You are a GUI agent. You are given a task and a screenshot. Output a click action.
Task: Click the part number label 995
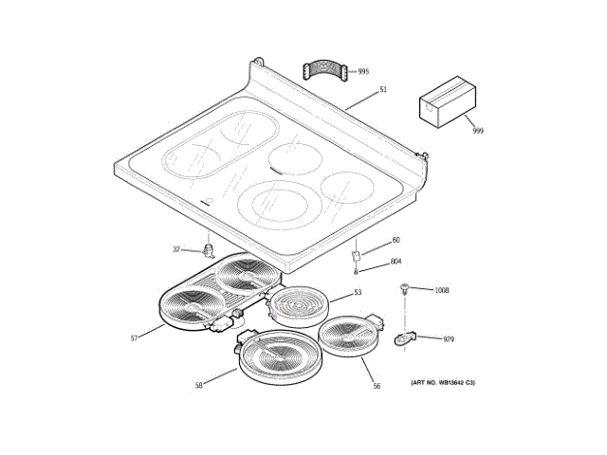(x=363, y=71)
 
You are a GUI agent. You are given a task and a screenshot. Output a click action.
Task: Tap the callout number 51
(x=383, y=89)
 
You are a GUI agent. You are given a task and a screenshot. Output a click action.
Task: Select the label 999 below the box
(x=477, y=131)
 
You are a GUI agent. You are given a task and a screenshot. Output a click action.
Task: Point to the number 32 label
(x=175, y=249)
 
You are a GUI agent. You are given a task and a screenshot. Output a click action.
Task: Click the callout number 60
(x=395, y=240)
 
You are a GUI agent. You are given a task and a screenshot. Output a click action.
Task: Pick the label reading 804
(x=396, y=261)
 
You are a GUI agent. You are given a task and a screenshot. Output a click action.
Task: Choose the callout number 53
(x=358, y=292)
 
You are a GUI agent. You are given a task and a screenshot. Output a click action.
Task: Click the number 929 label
(x=449, y=338)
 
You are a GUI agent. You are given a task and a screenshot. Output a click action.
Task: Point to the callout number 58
(x=199, y=384)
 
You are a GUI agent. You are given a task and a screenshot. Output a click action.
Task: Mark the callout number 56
(x=376, y=386)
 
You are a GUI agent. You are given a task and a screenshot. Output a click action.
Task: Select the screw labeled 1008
(x=405, y=287)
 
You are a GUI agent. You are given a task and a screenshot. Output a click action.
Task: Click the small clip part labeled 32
(x=207, y=250)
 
